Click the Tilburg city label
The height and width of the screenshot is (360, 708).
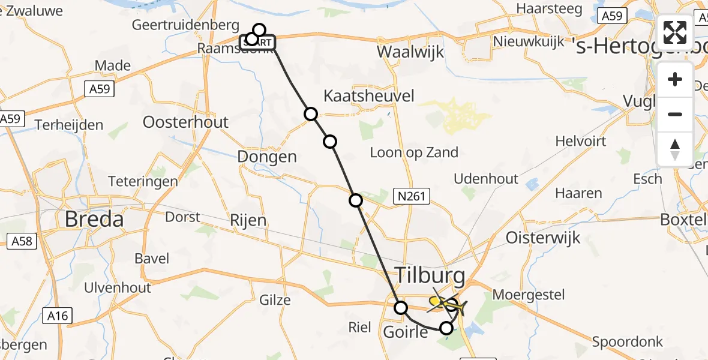point(430,276)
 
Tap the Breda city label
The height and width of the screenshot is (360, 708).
point(94,219)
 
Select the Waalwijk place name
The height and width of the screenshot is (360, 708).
point(411,52)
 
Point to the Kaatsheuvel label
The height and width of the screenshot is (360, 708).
point(369,95)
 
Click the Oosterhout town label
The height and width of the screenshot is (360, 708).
point(185,122)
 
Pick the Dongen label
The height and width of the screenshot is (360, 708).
point(267,157)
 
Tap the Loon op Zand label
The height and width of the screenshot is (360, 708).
point(414,152)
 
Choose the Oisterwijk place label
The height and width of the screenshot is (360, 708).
point(544,238)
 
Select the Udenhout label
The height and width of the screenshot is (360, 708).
point(486,179)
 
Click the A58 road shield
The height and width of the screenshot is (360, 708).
point(22,242)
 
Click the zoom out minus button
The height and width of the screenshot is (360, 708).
point(675,115)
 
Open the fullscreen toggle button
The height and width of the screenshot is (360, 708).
point(675,32)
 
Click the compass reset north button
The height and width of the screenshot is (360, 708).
point(675,149)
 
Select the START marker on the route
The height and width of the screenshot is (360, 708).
point(259,42)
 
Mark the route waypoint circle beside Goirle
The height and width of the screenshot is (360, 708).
point(400,308)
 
